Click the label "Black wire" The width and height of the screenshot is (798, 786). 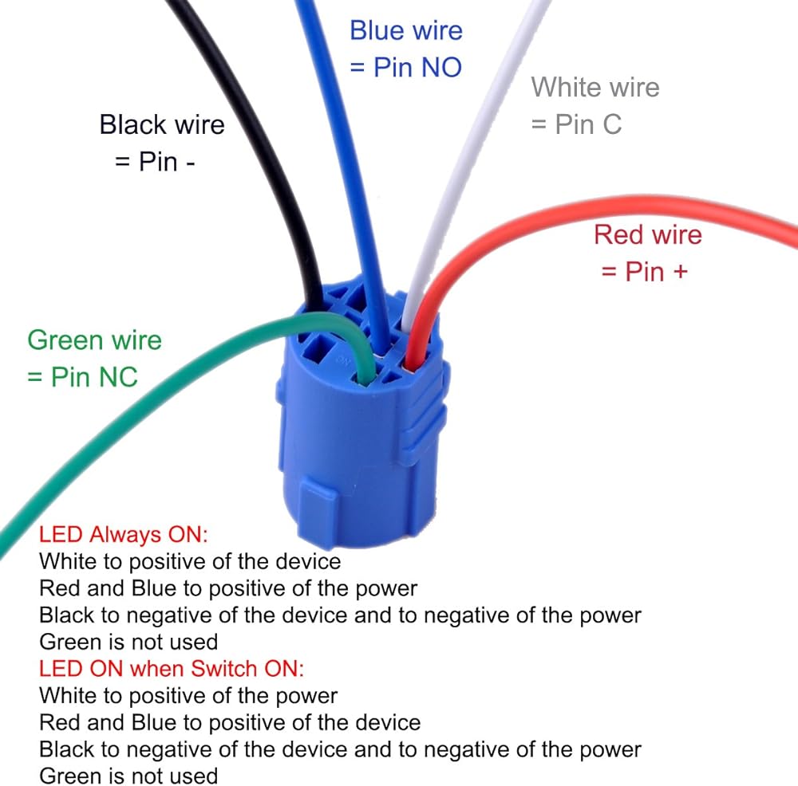[162, 124]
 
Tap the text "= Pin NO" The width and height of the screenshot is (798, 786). [406, 68]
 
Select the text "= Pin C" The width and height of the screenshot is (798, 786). [576, 124]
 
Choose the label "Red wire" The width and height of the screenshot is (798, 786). [648, 234]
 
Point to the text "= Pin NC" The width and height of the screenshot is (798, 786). [82, 376]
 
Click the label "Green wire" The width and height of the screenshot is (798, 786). [94, 340]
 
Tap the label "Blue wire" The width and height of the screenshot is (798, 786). [406, 31]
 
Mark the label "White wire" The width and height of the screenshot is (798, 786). [595, 86]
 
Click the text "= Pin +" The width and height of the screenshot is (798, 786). [644, 271]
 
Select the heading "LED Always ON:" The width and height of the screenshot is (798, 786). [124, 534]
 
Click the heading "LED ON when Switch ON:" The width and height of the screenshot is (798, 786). [172, 668]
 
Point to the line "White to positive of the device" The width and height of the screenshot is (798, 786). [190, 561]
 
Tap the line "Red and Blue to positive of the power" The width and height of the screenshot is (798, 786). [228, 588]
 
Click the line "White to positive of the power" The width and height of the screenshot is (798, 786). [188, 695]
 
